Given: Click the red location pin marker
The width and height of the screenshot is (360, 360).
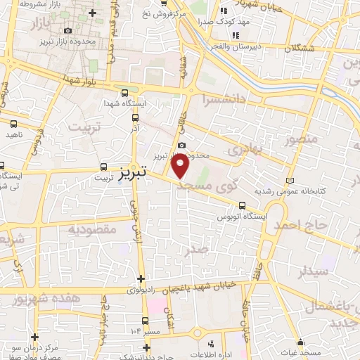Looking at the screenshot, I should point(181,167).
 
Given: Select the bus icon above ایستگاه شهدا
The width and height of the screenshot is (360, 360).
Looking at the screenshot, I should point(124,92).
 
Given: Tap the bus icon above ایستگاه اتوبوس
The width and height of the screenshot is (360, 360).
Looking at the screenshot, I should point(242,206).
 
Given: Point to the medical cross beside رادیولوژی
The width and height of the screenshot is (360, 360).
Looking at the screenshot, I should point(141,278).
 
